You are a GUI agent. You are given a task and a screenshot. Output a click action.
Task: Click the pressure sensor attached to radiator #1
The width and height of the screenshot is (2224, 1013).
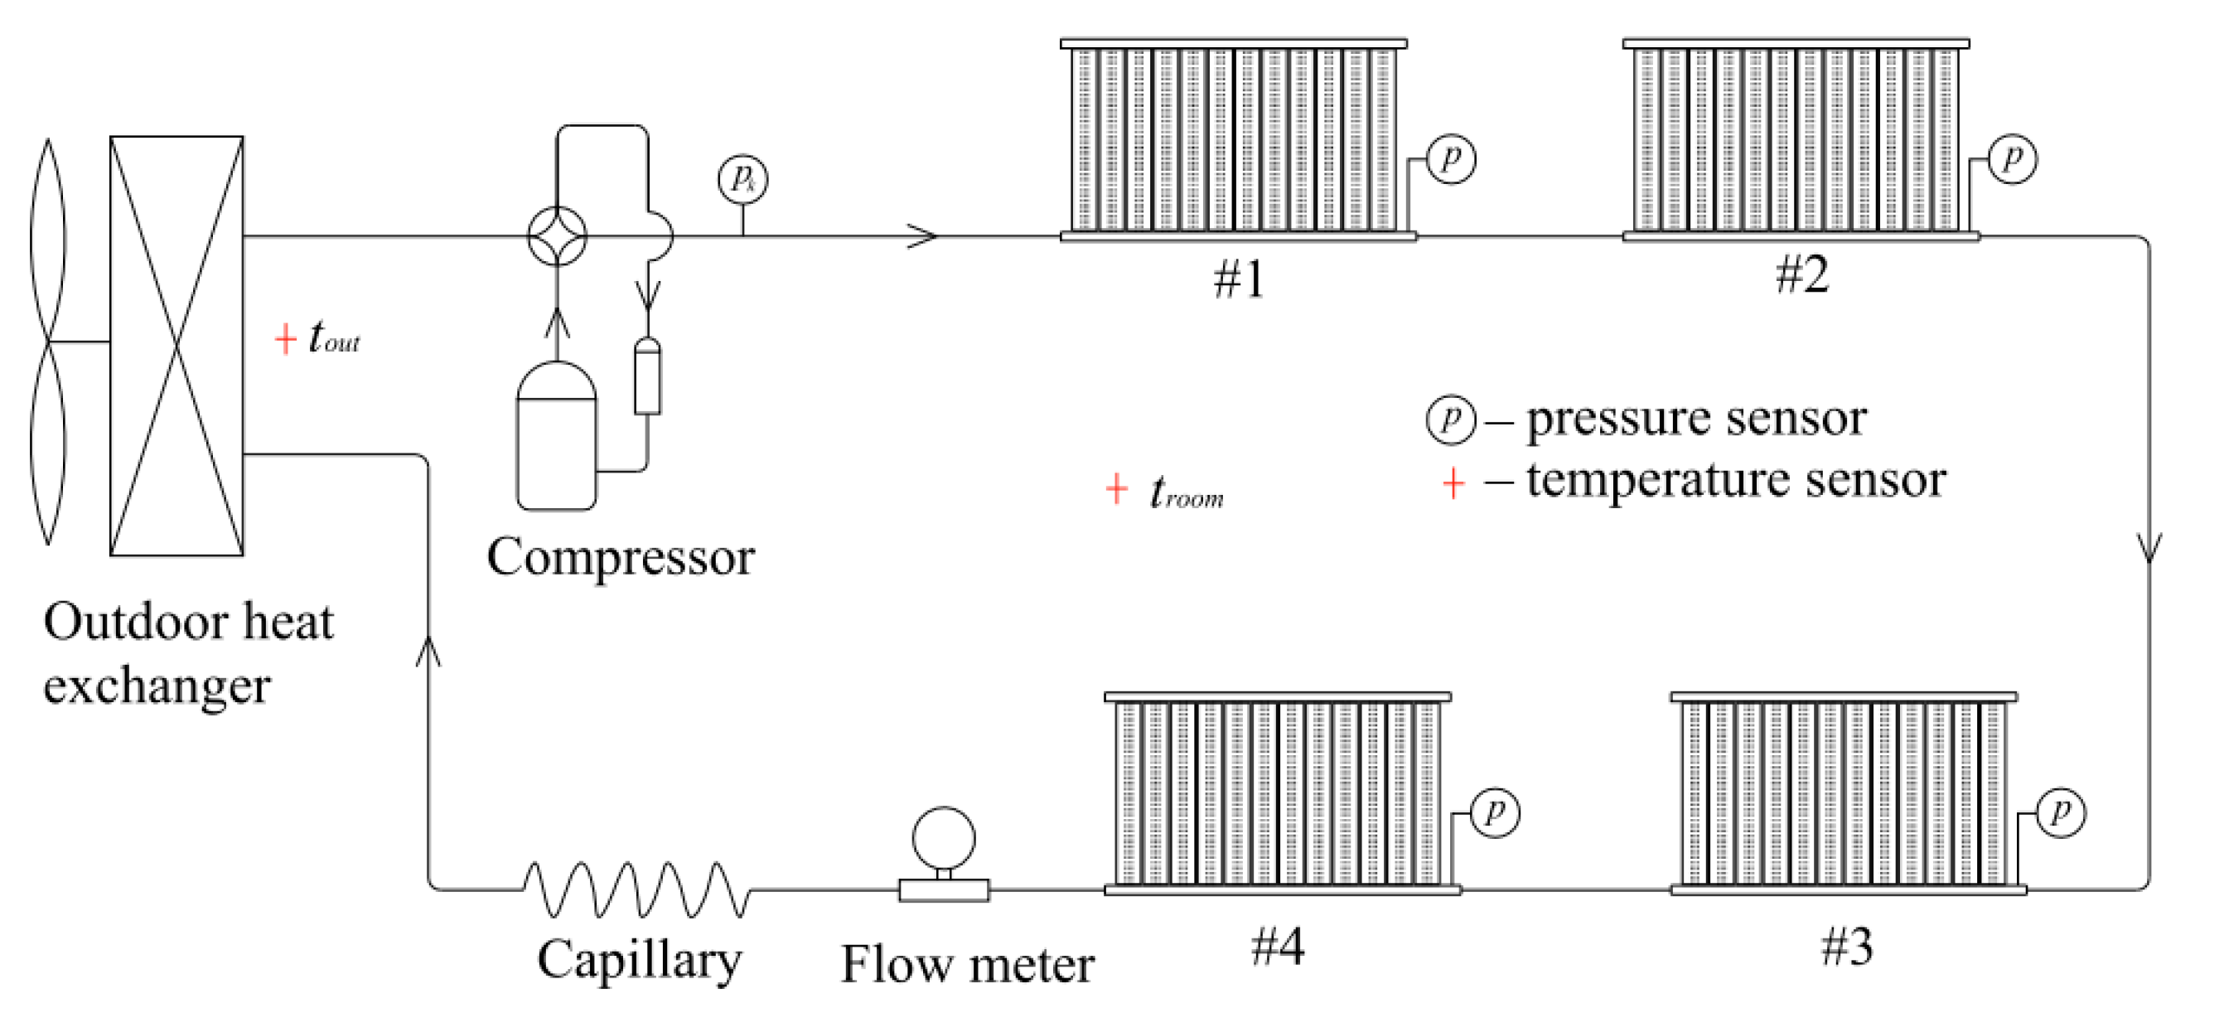pyautogui.click(x=1450, y=159)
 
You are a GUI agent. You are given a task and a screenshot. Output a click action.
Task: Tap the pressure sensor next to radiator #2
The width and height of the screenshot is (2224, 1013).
pyautogui.click(x=2013, y=159)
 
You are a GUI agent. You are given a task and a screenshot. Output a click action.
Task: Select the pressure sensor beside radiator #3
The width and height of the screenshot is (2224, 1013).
pyautogui.click(x=2061, y=812)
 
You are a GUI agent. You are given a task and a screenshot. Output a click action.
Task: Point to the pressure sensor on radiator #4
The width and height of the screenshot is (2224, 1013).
pyautogui.click(x=1495, y=812)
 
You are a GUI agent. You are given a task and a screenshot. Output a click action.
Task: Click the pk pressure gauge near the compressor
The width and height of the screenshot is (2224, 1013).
pyautogui.click(x=742, y=180)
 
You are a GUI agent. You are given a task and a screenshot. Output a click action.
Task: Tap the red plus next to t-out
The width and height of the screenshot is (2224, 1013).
pyautogui.click(x=285, y=338)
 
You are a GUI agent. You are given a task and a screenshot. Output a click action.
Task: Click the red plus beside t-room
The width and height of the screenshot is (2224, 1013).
pyautogui.click(x=1116, y=489)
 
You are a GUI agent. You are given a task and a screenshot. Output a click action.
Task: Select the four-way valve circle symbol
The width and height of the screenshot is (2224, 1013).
pyautogui.click(x=557, y=235)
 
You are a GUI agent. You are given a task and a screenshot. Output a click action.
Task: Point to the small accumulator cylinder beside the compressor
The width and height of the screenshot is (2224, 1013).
pyautogui.click(x=647, y=377)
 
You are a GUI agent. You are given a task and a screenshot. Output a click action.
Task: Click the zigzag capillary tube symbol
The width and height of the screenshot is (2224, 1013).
pyautogui.click(x=636, y=889)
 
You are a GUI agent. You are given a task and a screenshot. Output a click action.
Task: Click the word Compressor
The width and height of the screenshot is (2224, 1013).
pyautogui.click(x=621, y=557)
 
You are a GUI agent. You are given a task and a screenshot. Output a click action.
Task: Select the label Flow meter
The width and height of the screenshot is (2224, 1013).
pyautogui.click(x=967, y=965)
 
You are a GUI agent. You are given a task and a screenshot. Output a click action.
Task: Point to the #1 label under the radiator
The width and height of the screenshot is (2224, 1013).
pyautogui.click(x=1239, y=279)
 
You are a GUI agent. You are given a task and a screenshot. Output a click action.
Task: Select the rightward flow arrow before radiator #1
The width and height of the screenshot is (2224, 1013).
pyautogui.click(x=922, y=235)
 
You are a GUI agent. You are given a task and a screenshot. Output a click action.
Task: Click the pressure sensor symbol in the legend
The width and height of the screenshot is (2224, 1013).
pyautogui.click(x=1450, y=419)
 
